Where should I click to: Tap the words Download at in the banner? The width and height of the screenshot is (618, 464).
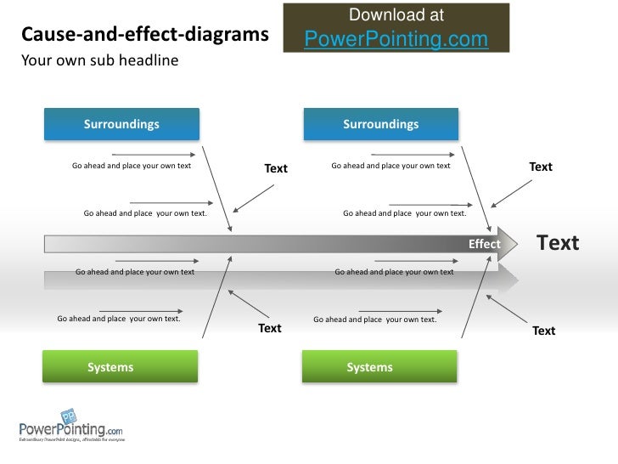tap(396, 15)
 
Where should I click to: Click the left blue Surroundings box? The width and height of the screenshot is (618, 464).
tap(121, 124)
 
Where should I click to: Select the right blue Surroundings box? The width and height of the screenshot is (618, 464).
tap(380, 124)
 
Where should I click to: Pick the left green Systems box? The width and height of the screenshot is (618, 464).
tap(121, 367)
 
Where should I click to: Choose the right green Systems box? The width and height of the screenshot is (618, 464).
tap(379, 367)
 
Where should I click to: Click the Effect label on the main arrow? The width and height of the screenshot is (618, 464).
tap(485, 245)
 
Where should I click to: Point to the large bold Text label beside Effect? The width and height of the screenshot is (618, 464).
tap(558, 244)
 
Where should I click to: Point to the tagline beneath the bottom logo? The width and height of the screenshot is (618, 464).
tap(72, 440)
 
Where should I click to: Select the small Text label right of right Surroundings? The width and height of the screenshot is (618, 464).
tap(541, 167)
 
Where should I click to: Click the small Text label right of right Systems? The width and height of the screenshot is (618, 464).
tap(543, 331)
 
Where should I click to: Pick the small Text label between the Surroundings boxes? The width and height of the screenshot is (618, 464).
tap(276, 169)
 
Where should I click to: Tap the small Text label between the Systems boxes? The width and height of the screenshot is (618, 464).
tap(270, 328)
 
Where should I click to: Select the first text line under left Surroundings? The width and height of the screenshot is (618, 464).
tap(132, 166)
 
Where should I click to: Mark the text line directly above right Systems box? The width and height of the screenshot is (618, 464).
tap(375, 320)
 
